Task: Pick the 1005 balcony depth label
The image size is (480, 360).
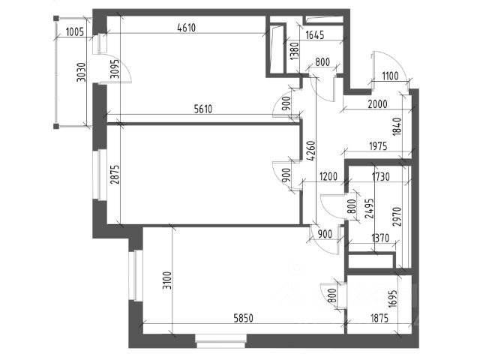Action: (74, 31)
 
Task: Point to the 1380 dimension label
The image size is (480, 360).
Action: (295, 52)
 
